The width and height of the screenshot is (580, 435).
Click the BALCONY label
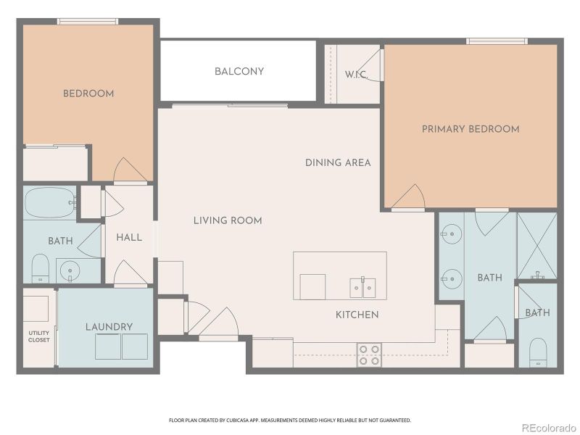coord(239,72)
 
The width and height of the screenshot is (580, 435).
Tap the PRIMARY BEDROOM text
coord(471,129)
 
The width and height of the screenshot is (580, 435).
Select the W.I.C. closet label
coord(355,74)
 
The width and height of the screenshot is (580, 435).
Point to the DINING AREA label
coord(338,162)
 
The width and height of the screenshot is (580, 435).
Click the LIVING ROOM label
coord(228,220)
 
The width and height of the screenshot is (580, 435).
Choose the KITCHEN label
coord(357,315)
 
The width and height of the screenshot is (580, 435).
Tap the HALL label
coord(129,237)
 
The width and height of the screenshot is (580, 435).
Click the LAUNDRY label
coord(109,327)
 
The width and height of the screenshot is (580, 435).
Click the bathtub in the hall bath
coord(49,202)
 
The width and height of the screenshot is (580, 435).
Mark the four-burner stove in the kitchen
coord(369,354)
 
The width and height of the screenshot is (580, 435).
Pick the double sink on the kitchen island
coord(362,287)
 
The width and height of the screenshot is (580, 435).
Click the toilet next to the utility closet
coord(40,268)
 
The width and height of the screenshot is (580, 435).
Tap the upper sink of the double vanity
coord(450,233)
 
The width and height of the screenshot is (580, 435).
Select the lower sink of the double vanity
coord(450,275)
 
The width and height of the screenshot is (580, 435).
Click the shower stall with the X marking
coord(536,245)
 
